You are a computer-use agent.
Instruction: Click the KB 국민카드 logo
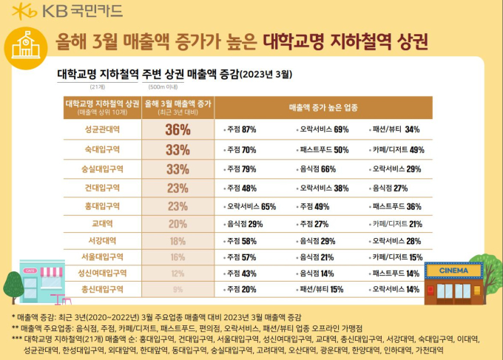coord(67,11)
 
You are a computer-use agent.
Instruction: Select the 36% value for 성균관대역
coord(178,129)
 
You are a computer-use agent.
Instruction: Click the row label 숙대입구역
coord(103,149)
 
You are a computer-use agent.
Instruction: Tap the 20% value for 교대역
coord(178,223)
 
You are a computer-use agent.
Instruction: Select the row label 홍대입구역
coord(103,206)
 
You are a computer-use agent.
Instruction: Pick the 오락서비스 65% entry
coord(250,206)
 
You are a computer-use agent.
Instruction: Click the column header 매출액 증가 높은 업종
coord(323,107)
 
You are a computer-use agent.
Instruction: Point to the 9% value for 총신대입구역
coord(178,289)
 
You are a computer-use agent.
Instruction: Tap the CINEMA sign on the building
coord(453,271)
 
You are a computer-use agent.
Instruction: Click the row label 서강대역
coord(103,240)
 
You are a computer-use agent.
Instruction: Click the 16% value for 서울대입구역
coord(178,257)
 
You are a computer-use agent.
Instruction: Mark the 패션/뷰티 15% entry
coord(319,289)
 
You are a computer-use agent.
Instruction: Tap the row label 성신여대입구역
coord(103,273)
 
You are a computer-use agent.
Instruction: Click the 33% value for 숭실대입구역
coord(178,169)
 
